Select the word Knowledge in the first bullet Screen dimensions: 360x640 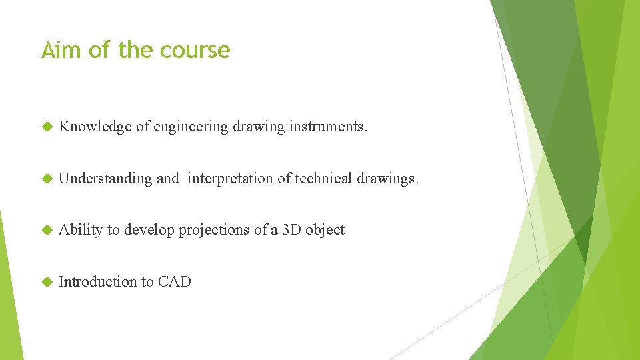click(x=95, y=127)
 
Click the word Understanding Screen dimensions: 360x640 click(x=105, y=179)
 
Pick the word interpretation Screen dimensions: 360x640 click(x=239, y=179)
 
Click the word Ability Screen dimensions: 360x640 click(x=81, y=230)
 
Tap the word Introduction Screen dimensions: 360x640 click(x=97, y=282)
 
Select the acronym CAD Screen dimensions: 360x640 click(x=175, y=282)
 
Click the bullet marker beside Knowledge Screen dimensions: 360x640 click(x=47, y=127)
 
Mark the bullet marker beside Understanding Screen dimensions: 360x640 click(x=47, y=179)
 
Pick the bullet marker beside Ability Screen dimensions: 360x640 click(x=47, y=230)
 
